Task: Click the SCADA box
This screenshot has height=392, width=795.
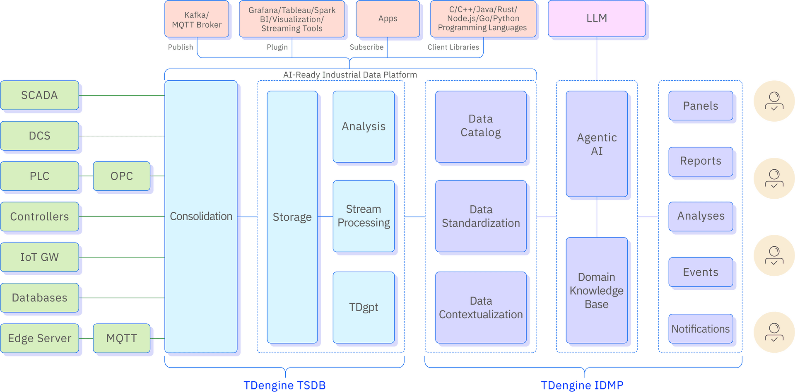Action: click(39, 95)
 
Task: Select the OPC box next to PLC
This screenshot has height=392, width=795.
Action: click(121, 176)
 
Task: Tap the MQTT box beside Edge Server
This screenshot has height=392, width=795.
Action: click(121, 338)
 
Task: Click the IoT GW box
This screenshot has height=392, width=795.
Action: click(39, 257)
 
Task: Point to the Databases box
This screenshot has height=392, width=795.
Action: click(39, 298)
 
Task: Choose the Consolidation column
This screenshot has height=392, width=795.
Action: click(201, 216)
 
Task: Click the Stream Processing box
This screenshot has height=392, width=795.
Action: click(364, 216)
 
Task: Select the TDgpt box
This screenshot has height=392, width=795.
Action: click(364, 307)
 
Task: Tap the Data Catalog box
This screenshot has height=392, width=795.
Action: click(481, 126)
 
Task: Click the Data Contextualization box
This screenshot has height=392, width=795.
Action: click(481, 308)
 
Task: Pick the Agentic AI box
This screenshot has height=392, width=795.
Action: click(597, 144)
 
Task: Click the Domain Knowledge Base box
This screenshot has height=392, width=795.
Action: click(597, 290)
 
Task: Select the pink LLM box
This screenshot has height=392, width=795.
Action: click(597, 18)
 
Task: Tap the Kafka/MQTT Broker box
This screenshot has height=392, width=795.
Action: click(197, 19)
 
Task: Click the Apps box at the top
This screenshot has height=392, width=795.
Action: click(388, 19)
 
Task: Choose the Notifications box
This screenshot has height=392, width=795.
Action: click(701, 329)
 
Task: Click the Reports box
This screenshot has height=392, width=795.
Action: click(701, 161)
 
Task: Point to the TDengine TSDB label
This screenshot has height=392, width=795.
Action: click(284, 385)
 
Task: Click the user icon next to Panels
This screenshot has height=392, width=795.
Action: click(774, 101)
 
